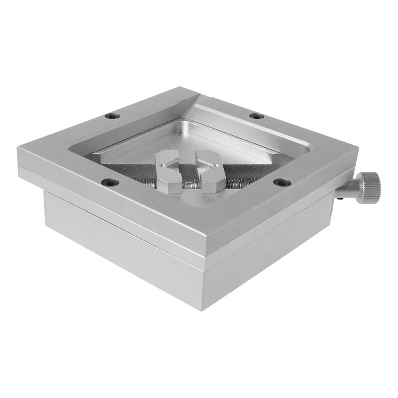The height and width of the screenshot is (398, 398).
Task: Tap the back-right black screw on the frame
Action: [257, 116]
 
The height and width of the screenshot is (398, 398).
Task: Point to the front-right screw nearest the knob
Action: [282, 183]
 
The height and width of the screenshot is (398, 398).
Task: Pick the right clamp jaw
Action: [209, 171]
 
